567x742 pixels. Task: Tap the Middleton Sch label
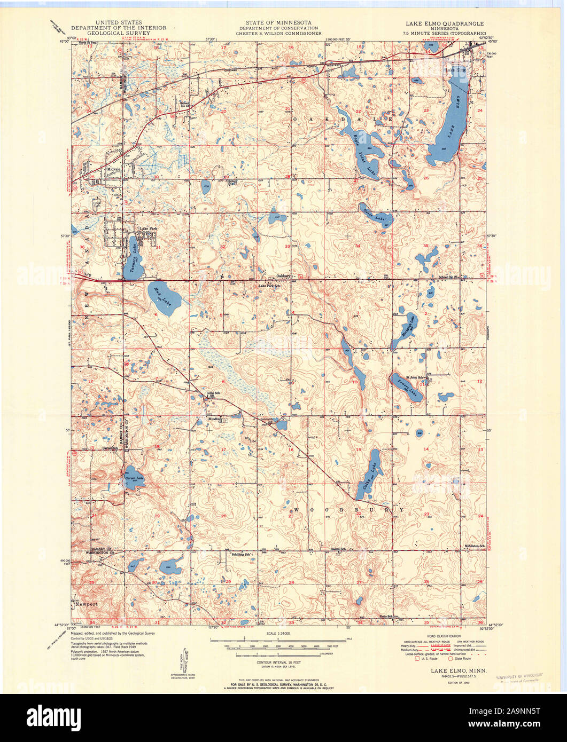(x=474, y=546)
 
